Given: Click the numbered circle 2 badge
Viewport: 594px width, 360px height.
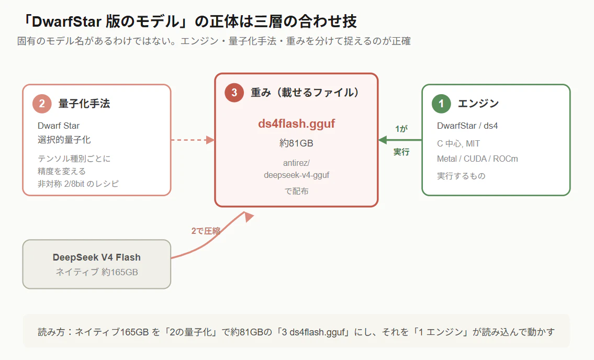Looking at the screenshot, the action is click(42, 104).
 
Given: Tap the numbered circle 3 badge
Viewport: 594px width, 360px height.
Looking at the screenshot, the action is click(234, 93).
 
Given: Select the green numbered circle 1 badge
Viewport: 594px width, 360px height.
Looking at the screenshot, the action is click(441, 104).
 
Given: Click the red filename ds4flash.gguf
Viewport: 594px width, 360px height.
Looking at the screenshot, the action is click(296, 123).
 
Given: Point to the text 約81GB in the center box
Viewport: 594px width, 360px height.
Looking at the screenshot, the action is click(296, 143).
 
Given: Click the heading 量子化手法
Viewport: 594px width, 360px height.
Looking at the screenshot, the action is click(84, 104).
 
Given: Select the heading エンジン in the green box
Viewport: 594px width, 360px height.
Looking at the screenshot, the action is click(478, 104).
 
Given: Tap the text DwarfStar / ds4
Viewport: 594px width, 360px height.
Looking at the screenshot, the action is click(467, 126).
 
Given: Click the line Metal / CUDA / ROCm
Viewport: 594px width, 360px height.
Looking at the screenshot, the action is click(477, 159).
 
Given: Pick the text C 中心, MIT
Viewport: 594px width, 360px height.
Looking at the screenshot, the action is click(458, 143).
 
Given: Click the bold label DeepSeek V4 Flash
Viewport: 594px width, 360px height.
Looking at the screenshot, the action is click(97, 257).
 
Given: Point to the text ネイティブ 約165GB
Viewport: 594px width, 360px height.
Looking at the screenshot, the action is click(97, 272).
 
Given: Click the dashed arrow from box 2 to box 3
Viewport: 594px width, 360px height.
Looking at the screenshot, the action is click(193, 140).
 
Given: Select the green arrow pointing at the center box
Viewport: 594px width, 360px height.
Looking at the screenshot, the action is click(400, 140).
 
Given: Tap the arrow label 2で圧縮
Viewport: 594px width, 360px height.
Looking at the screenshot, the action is click(206, 231).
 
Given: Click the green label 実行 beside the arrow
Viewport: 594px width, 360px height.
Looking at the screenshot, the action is click(401, 152).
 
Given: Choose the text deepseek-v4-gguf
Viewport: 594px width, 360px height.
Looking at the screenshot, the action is click(296, 175).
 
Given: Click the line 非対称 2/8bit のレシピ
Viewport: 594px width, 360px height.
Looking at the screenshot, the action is click(78, 184).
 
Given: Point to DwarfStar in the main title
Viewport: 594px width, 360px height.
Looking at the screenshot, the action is click(66, 21).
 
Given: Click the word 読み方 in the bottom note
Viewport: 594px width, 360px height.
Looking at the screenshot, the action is click(51, 332).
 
